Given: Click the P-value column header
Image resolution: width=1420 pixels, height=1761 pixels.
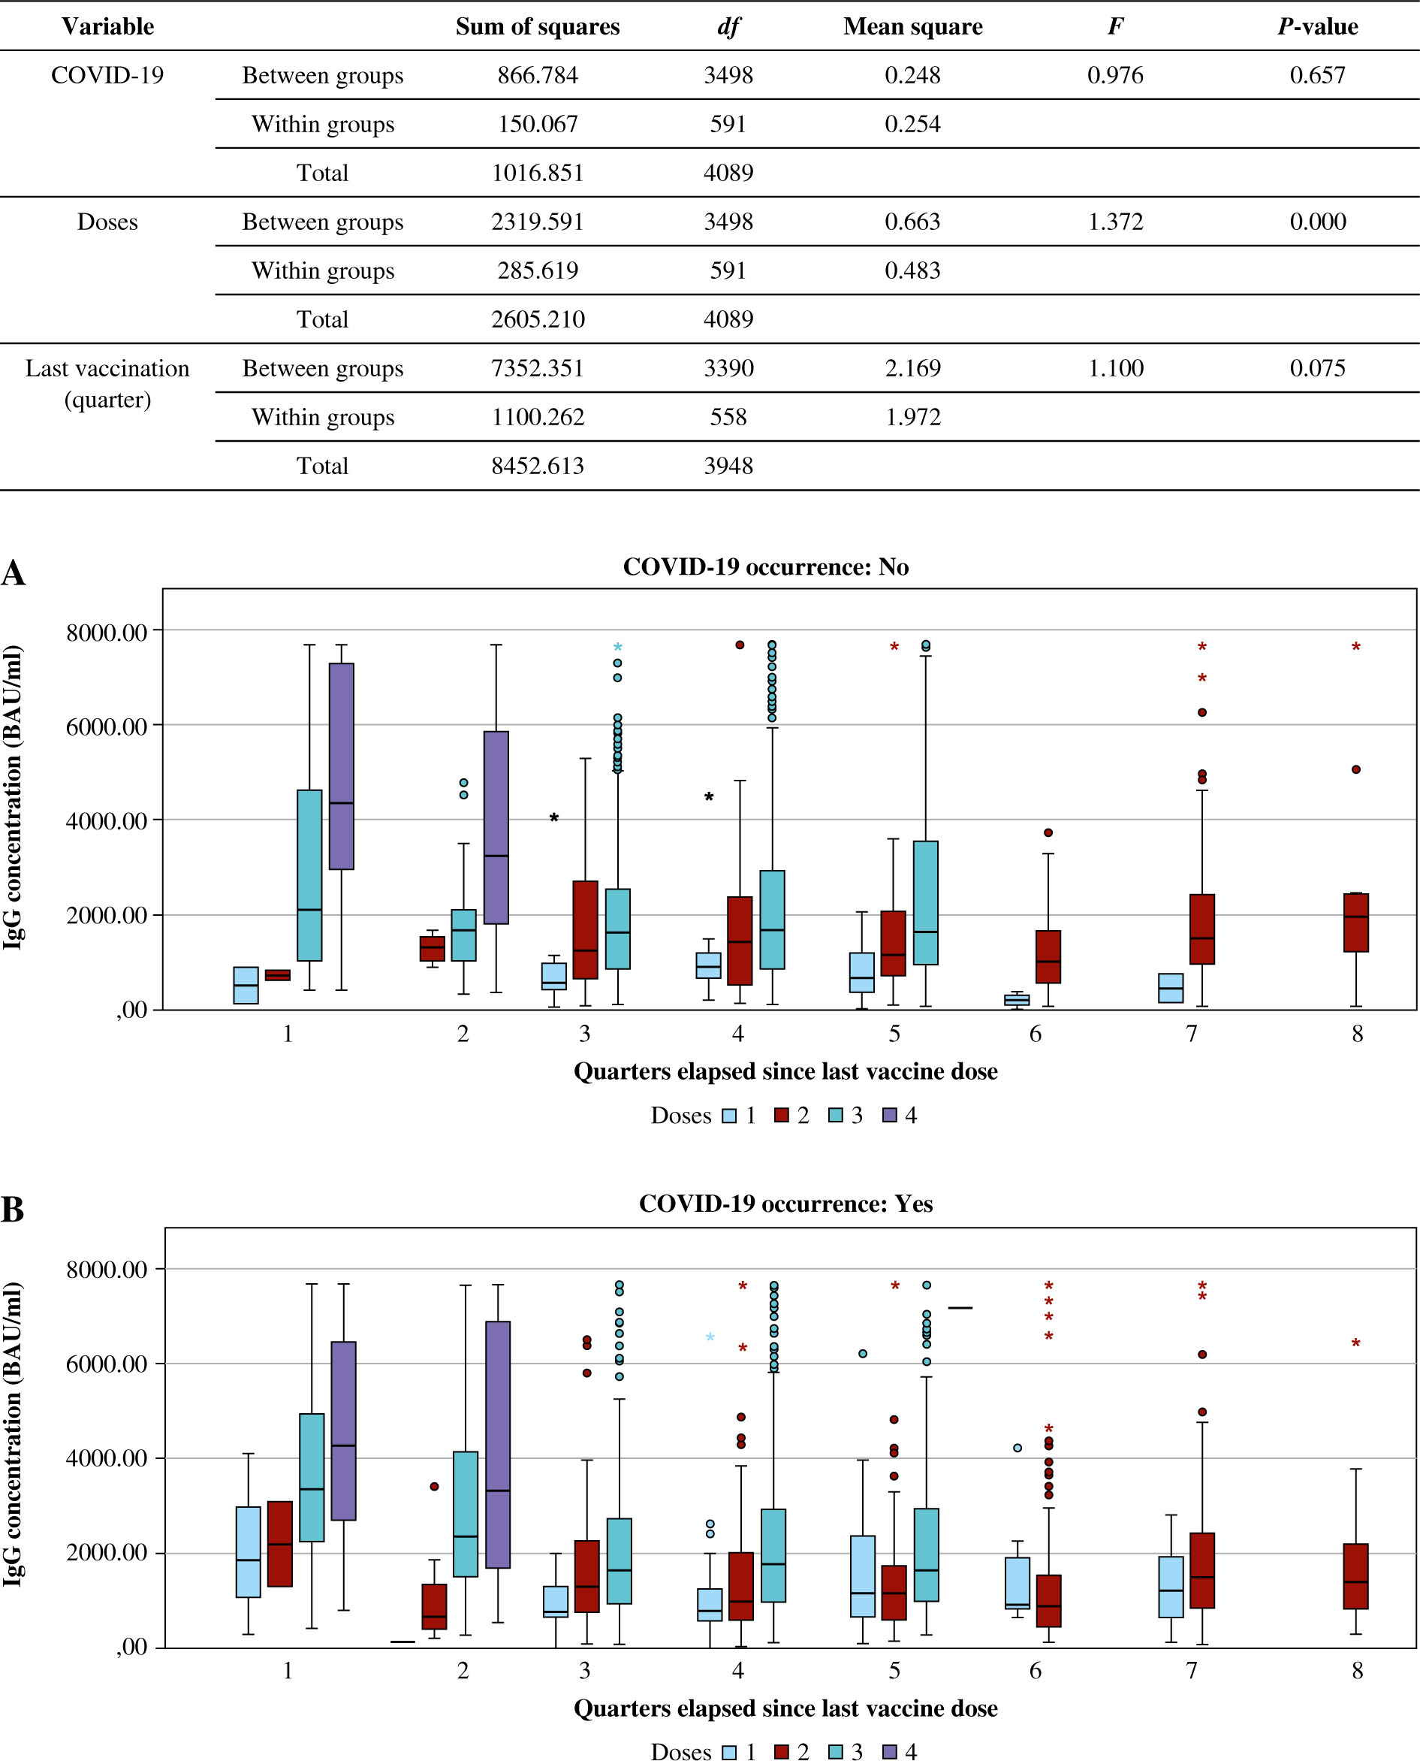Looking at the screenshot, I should pos(1317,26).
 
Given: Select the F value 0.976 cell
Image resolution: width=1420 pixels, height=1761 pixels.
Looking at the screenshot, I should pos(1115,75).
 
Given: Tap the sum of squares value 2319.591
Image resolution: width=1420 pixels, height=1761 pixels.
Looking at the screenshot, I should pos(538,222).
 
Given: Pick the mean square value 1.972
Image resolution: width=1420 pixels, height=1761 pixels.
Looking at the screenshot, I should pos(913,418).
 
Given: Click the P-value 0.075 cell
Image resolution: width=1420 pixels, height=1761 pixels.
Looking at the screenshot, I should pos(1317,368).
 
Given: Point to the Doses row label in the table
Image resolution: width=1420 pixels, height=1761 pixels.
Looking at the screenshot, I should pos(107,222).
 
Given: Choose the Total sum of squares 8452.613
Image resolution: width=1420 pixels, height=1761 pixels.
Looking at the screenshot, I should pos(538,467).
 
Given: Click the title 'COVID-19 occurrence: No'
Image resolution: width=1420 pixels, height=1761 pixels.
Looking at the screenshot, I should pos(766,567).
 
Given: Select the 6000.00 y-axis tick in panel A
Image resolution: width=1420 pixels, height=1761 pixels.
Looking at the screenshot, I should pos(107,726).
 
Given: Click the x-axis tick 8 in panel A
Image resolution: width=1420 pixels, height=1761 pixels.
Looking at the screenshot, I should pos(1357,1035).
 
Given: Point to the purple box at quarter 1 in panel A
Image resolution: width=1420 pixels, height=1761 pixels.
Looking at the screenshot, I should pos(341,767).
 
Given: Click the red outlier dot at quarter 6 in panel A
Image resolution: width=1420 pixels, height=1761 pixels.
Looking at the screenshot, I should pos(1048,833).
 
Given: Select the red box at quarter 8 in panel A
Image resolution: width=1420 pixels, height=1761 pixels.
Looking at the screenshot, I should pos(1356,923).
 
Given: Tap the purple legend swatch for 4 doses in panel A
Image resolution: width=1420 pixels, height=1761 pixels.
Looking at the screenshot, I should pos(890,1116).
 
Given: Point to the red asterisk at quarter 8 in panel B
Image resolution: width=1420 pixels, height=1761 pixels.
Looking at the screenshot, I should pos(1356,1343).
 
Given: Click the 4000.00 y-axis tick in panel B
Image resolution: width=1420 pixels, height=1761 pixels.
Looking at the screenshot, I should pos(107,1458).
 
